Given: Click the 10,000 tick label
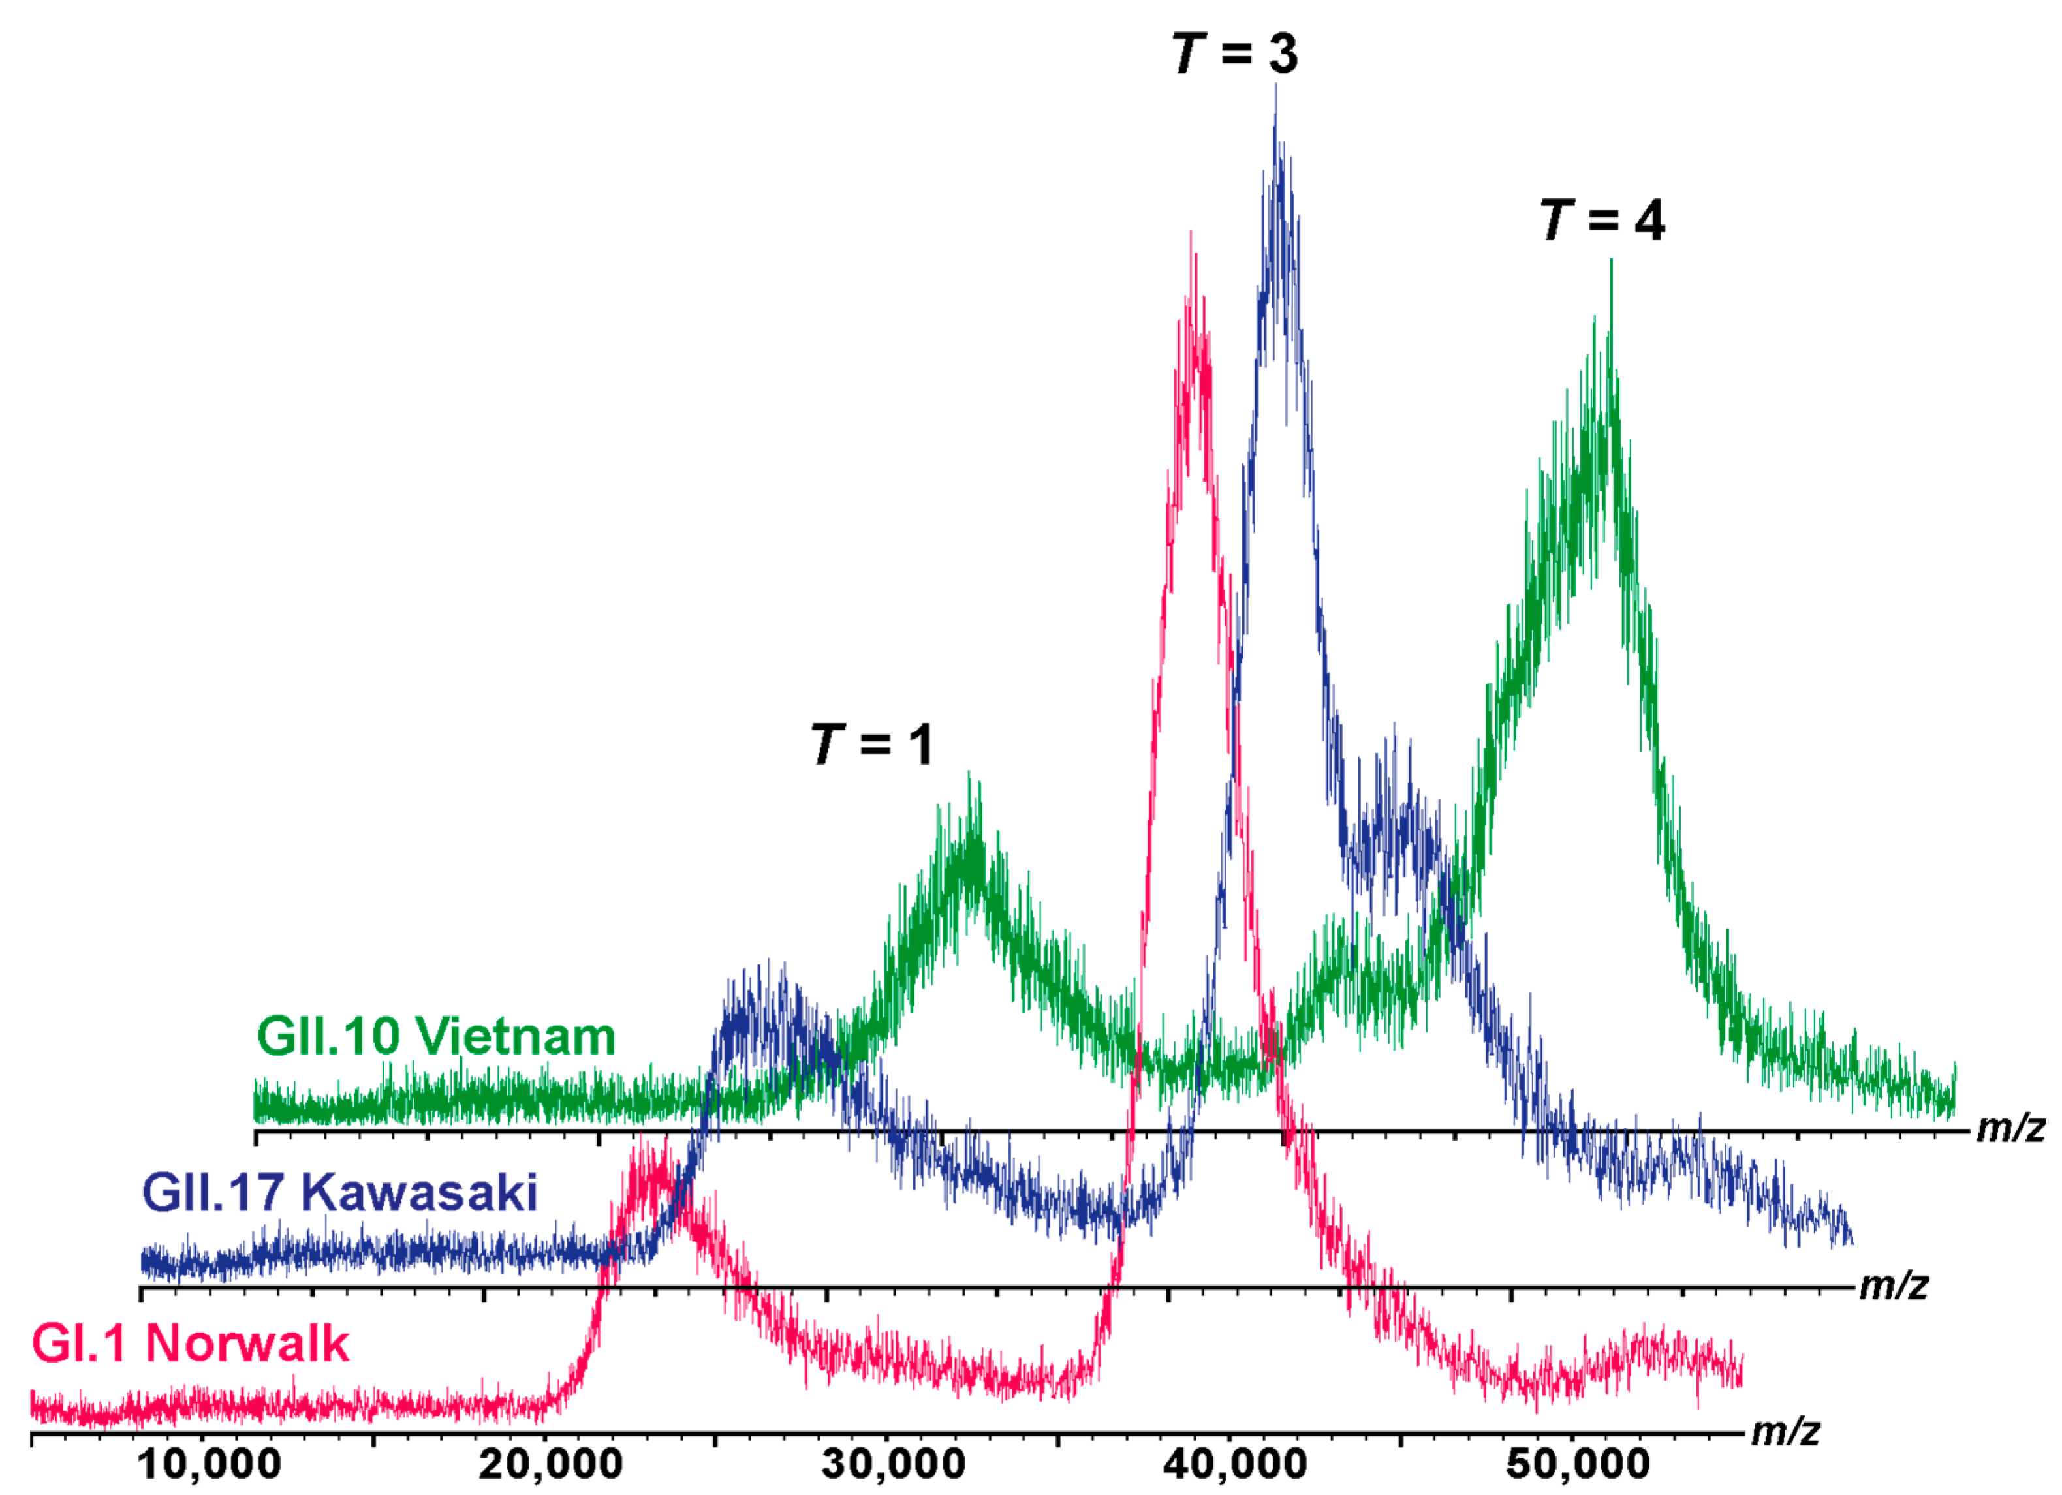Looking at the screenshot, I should point(209,1465).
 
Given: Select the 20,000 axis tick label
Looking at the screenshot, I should point(551,1465).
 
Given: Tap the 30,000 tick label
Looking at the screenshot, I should point(893,1465).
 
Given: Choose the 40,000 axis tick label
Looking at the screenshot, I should point(1235,1465).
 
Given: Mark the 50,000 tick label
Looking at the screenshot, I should point(1578,1465).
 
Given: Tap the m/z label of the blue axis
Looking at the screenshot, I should point(1893,1285).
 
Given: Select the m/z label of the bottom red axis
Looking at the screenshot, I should point(1785,1432).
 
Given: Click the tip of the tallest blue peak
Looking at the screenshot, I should point(1275,86).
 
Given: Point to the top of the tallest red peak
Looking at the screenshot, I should point(1191,234).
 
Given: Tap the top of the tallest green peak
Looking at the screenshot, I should point(1611,262).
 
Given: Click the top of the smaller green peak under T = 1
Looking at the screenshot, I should point(969,775).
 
